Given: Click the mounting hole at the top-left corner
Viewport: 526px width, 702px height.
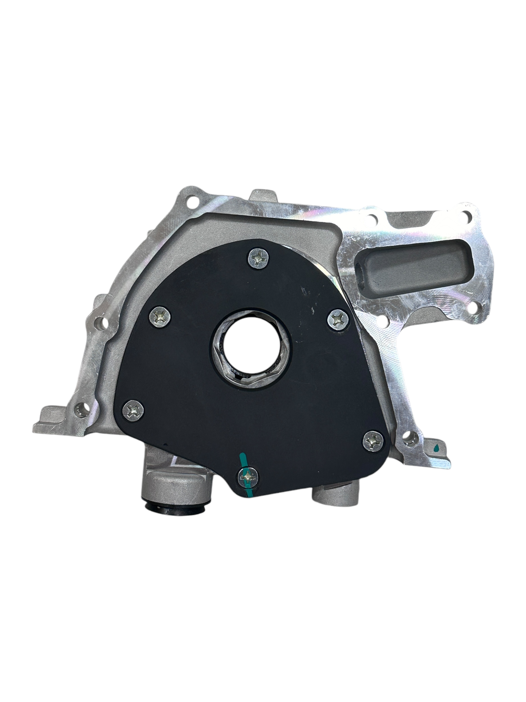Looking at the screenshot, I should (192, 201).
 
